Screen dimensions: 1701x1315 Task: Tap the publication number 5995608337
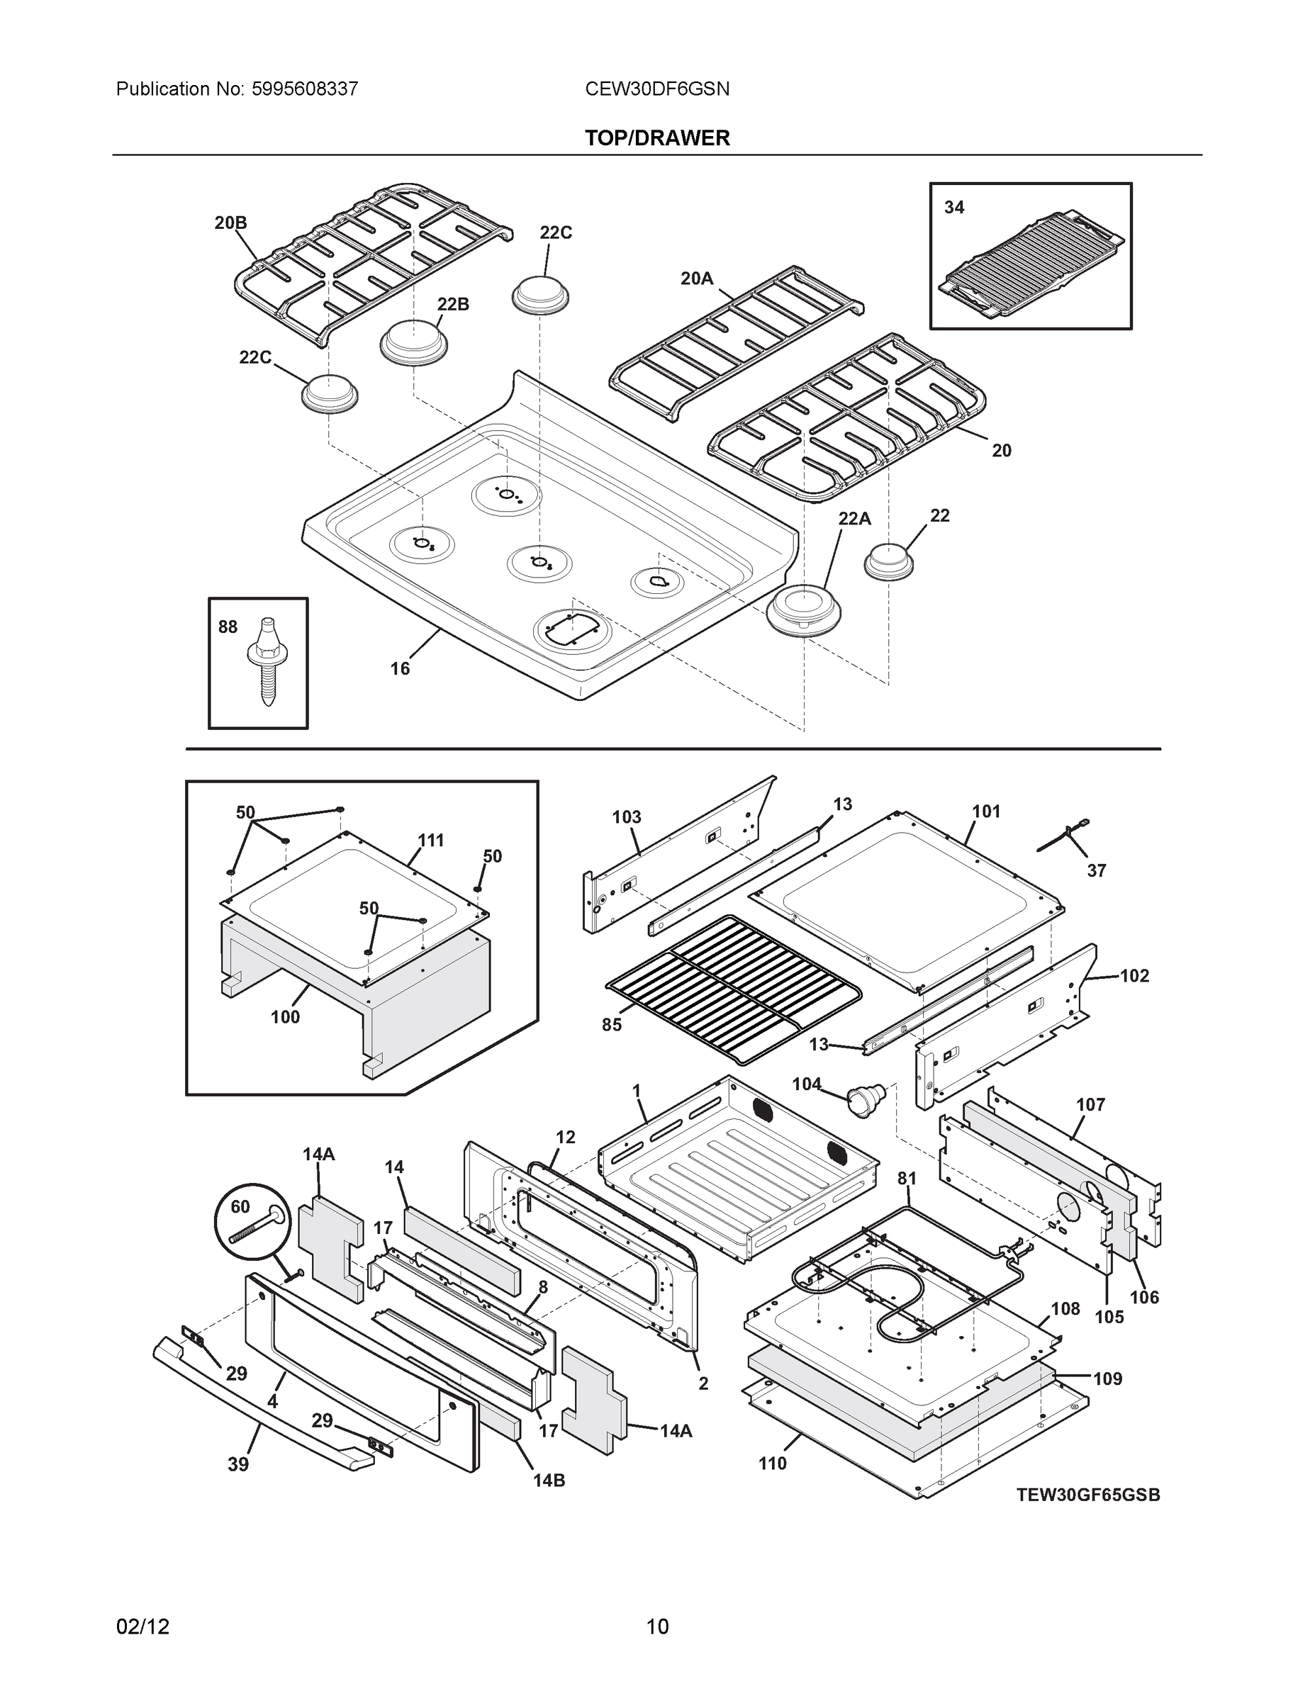click(305, 89)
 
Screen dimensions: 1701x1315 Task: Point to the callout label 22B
click(452, 304)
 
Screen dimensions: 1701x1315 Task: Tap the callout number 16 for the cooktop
click(400, 668)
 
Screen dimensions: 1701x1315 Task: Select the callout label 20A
click(696, 278)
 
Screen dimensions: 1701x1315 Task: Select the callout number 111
click(431, 841)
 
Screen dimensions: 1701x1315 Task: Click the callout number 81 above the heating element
click(907, 1200)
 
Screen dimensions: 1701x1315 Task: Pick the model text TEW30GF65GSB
click(1087, 1494)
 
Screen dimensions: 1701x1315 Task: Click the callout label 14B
click(549, 1480)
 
